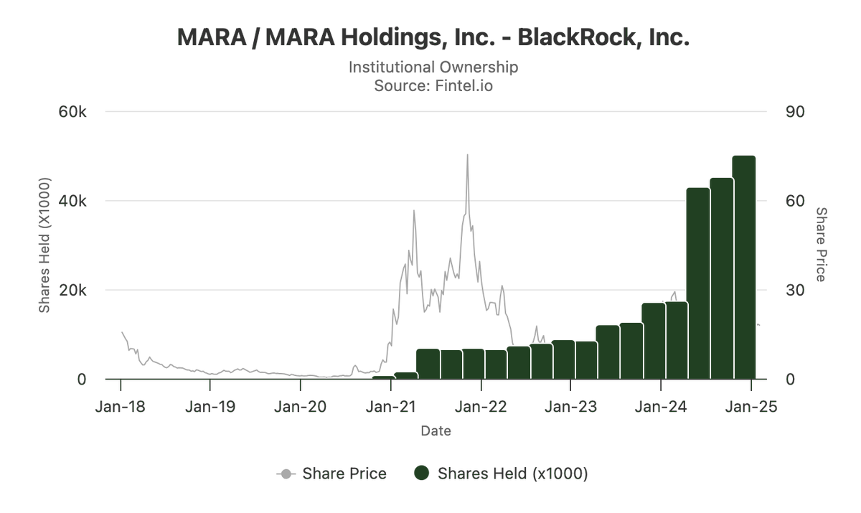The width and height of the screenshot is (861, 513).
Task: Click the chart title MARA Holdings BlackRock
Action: click(433, 38)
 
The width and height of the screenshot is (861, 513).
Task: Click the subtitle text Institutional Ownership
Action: click(433, 67)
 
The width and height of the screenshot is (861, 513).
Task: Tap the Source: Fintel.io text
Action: click(433, 86)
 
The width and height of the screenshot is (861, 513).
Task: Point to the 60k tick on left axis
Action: click(72, 112)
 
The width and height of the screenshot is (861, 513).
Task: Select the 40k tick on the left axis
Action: click(72, 201)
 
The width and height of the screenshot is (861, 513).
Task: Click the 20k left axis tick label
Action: click(72, 291)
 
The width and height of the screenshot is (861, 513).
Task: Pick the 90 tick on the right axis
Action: click(795, 112)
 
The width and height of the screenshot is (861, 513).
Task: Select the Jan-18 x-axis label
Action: click(121, 407)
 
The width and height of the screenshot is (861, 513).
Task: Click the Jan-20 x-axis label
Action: click(301, 407)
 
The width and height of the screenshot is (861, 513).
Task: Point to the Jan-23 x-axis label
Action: click(570, 407)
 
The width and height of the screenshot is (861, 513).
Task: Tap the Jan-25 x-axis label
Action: click(751, 407)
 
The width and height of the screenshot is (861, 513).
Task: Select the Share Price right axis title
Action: click(822, 245)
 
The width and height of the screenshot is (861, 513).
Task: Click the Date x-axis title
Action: click(436, 431)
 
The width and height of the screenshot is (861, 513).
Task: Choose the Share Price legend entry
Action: click(332, 474)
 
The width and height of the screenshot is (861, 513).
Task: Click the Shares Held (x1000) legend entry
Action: click(502, 474)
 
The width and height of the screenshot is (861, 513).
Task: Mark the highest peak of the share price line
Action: click(467, 155)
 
